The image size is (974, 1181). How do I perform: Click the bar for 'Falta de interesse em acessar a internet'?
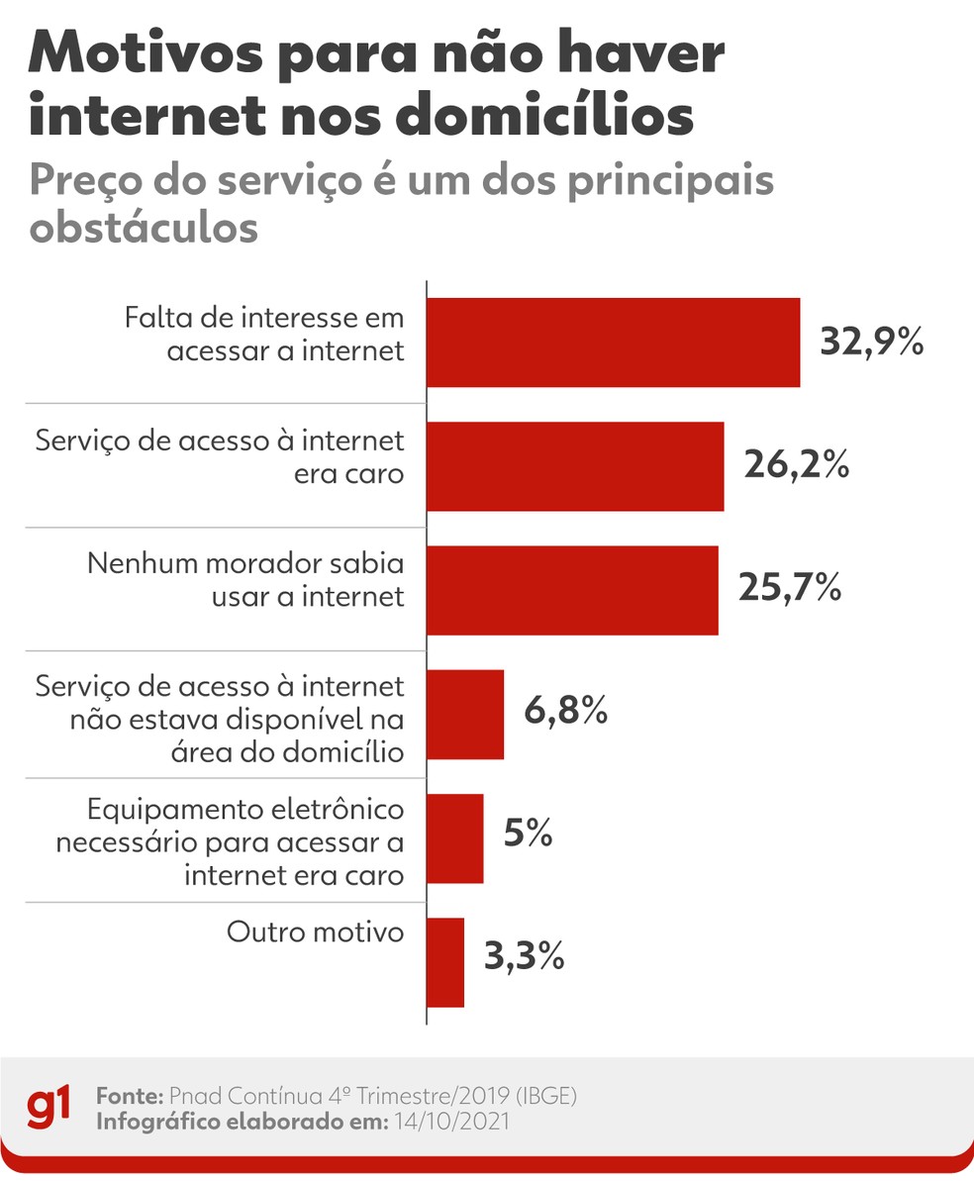613,342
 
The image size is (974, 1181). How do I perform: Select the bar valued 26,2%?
575,466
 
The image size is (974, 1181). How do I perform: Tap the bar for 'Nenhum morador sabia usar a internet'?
572,590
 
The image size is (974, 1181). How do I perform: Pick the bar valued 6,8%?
465,714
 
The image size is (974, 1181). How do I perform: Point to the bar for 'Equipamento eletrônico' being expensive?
455,837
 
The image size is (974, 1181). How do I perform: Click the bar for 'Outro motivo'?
445,961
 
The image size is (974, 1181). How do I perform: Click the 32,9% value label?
871,342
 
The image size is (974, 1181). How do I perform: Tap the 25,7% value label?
790,590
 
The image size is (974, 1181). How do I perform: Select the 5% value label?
528,835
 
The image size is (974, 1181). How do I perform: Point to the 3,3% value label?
525,957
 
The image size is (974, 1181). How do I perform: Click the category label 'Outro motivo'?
316,933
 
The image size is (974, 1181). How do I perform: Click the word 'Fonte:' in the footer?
129,1097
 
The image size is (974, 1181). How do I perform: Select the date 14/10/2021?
453,1121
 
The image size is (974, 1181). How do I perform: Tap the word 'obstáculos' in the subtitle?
145,227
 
